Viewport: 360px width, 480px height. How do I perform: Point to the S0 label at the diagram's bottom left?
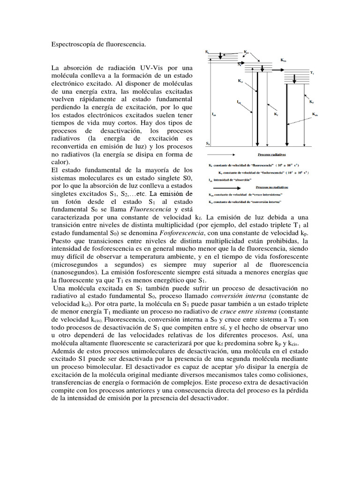[208, 144]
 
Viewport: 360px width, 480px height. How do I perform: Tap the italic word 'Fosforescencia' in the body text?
[181, 232]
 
